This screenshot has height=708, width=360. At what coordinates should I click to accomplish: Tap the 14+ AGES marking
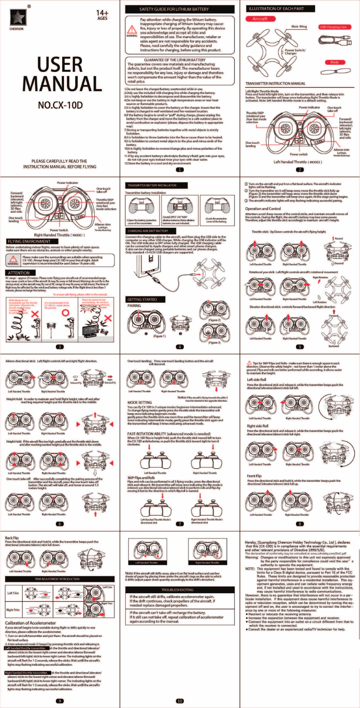click(102, 15)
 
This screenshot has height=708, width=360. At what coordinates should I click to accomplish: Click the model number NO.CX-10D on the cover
click(60, 105)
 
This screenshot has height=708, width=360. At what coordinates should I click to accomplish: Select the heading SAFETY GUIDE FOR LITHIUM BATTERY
click(180, 9)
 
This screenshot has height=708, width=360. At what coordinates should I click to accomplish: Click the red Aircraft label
click(259, 19)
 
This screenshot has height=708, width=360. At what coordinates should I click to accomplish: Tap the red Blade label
click(335, 62)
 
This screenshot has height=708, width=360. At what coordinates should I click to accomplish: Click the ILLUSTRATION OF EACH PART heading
click(276, 8)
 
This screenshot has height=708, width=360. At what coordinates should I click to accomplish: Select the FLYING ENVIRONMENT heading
click(29, 242)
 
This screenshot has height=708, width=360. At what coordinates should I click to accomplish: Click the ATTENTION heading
click(19, 273)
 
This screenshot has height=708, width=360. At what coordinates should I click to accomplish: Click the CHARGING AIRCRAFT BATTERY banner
click(148, 231)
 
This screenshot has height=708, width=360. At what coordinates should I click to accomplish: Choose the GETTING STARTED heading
click(142, 299)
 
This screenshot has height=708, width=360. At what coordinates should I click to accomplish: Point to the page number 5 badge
click(300, 347)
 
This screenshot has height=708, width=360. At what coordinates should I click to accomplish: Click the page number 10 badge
click(180, 701)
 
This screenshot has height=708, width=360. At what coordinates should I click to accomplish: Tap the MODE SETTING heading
click(140, 402)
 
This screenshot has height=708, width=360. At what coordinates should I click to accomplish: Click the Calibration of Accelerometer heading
click(30, 623)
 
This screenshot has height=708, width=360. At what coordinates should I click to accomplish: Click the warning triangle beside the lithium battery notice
click(132, 31)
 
